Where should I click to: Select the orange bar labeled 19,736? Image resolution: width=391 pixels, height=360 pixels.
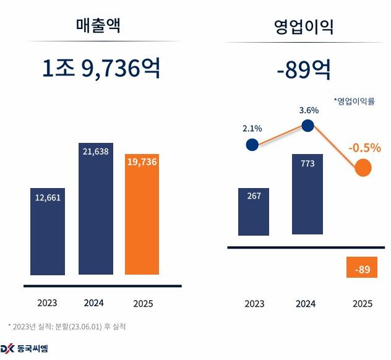tap(142, 213)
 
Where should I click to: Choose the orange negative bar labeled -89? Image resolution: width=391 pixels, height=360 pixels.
tap(362, 268)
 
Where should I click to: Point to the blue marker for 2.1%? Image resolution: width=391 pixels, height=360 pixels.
tap(252, 145)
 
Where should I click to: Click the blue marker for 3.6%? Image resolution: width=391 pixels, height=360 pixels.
tap(307, 126)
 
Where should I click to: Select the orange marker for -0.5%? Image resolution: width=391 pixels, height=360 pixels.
tap(363, 167)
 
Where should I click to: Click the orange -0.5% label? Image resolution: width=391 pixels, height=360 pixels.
tap(364, 148)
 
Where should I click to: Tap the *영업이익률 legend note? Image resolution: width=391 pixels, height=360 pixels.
tap(354, 101)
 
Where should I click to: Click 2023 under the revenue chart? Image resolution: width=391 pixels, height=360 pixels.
tap(47, 303)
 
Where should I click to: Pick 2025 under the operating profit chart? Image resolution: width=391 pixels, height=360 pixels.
tap(362, 304)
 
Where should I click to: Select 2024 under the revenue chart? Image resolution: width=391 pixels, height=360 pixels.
tap(95, 303)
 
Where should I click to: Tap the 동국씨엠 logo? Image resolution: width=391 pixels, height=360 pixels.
tap(25, 348)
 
